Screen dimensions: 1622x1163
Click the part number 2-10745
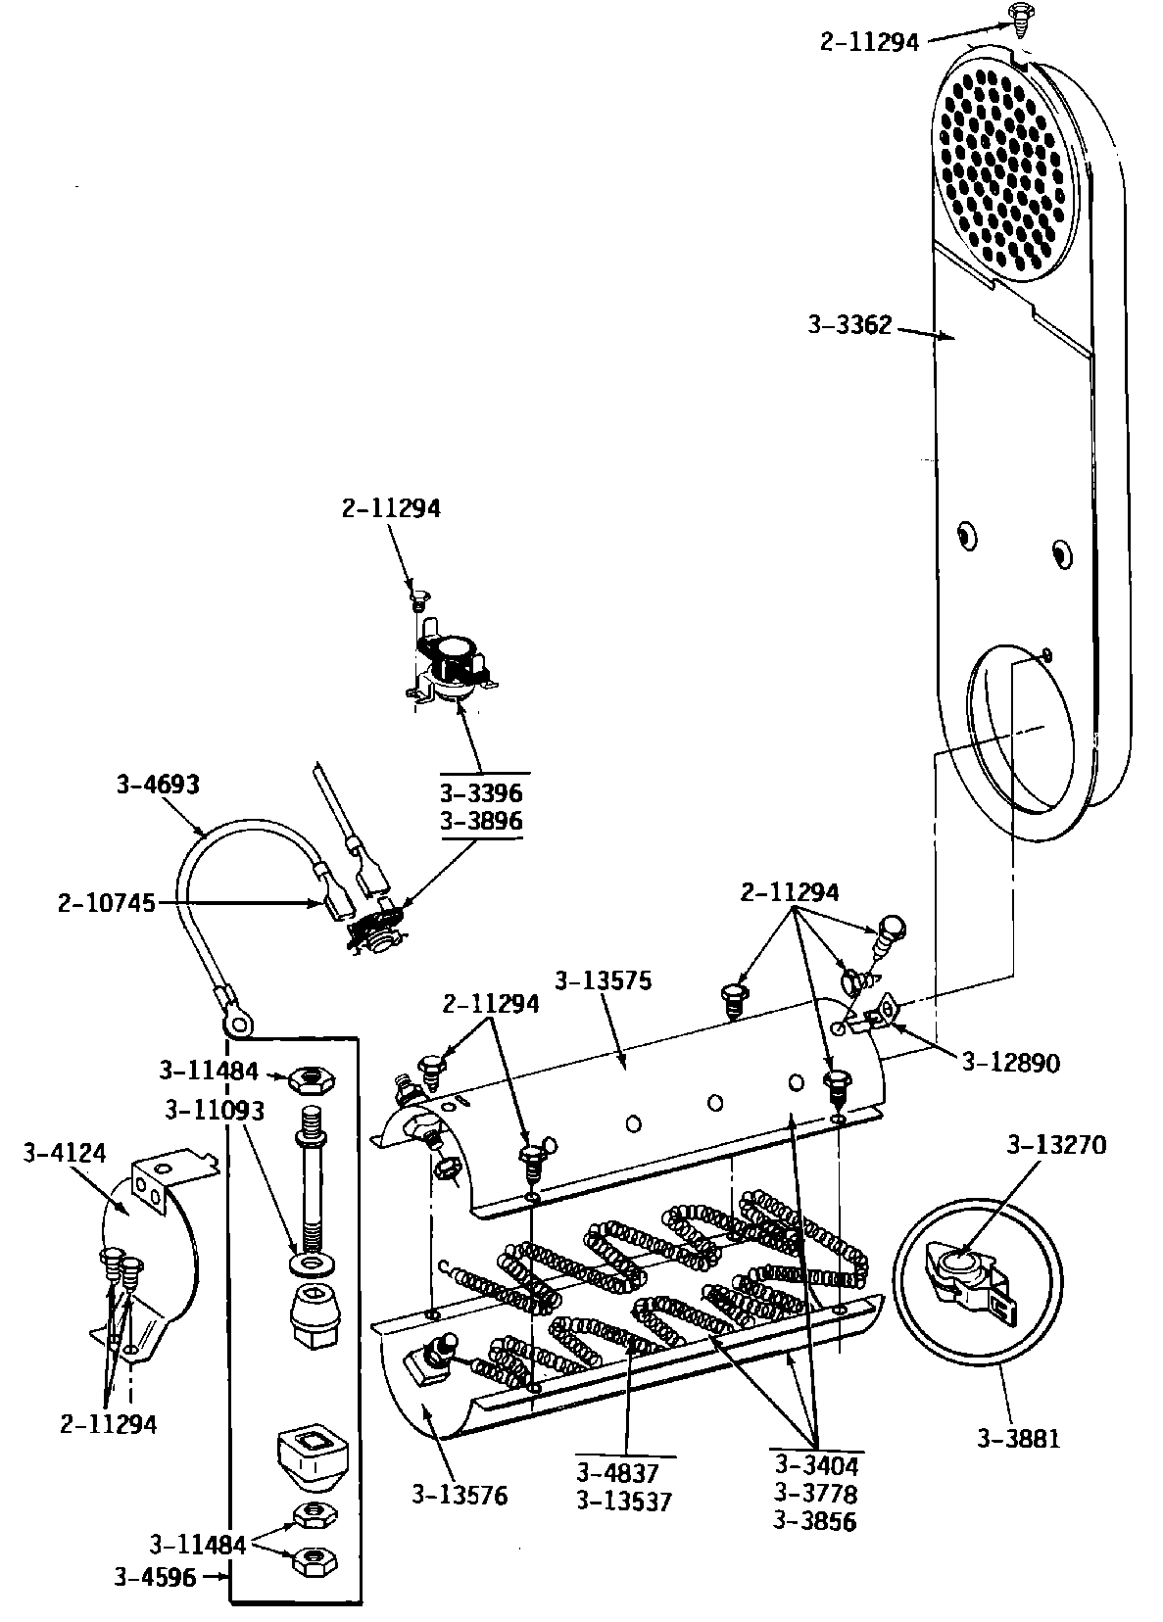pyautogui.click(x=106, y=903)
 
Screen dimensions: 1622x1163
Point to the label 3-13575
pyautogui.click(x=602, y=980)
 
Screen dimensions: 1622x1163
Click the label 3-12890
pyautogui.click(x=1010, y=1062)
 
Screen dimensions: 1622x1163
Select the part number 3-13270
pyautogui.click(x=1057, y=1144)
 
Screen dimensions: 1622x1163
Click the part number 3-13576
pyautogui.click(x=460, y=1496)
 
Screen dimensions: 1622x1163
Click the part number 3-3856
pyautogui.click(x=815, y=1521)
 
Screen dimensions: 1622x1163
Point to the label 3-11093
pyautogui.click(x=214, y=1110)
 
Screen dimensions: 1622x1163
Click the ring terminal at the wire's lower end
pyautogui.click(x=237, y=1023)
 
